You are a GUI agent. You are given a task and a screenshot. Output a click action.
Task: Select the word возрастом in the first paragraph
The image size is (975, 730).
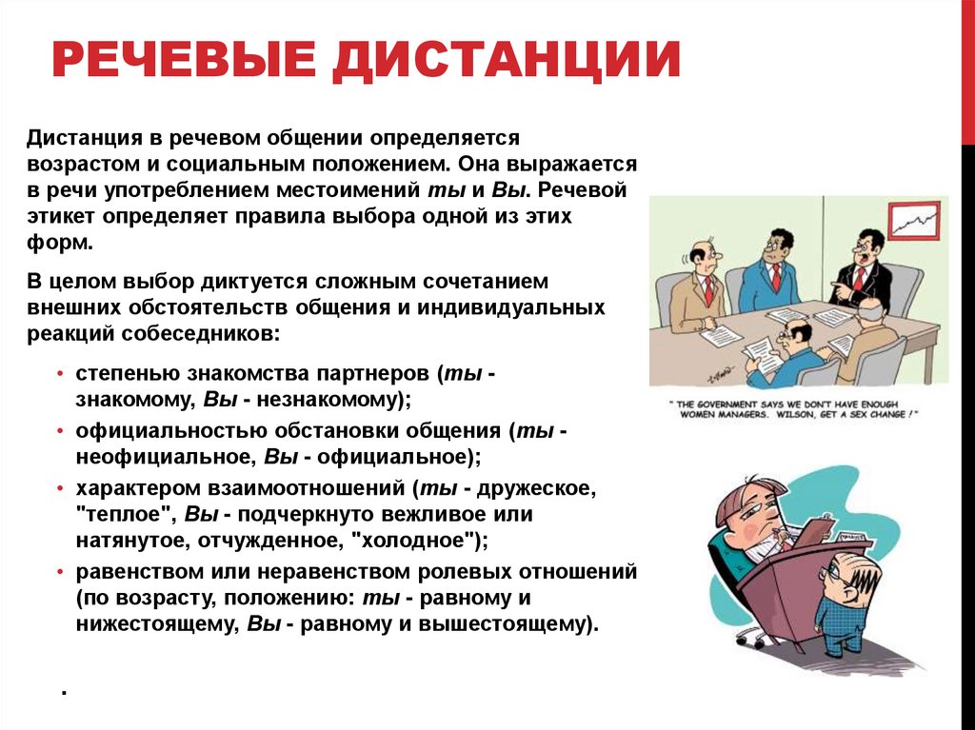75,163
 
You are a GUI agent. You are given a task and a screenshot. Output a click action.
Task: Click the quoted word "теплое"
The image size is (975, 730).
115,515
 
